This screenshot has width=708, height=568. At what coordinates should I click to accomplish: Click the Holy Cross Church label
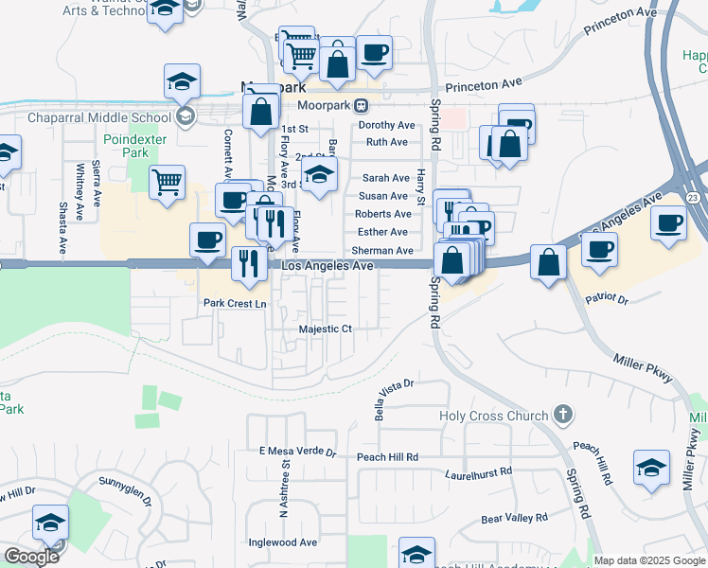pos(494,416)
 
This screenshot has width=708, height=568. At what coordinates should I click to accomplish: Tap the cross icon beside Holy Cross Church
pos(563,414)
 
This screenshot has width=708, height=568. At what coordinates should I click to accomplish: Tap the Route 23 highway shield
pos(694,196)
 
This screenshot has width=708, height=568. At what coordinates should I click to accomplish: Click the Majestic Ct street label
pos(326,329)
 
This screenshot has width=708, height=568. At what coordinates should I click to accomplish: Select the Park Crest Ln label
pos(236,304)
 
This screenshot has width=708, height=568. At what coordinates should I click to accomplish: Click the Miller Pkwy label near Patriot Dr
pos(642,368)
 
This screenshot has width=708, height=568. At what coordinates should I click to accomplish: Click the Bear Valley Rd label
pos(514,518)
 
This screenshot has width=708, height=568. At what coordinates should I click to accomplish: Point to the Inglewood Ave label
pos(282,542)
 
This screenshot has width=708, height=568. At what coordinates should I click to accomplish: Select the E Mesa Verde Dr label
pos(298,453)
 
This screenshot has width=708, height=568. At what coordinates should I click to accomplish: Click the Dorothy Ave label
pos(386,125)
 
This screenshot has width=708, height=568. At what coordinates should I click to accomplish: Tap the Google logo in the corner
pos(31,557)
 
